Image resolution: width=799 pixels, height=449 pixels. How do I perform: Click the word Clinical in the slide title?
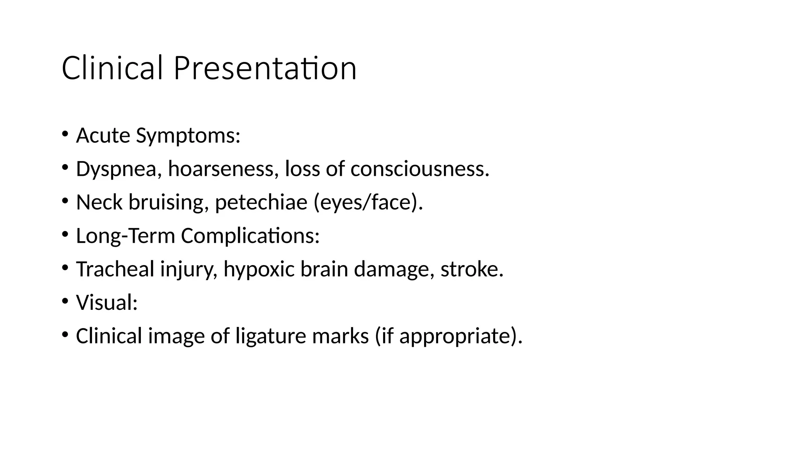click(x=112, y=68)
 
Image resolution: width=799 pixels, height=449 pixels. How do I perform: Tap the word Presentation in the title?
click(x=265, y=68)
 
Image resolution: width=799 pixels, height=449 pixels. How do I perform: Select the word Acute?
click(x=103, y=136)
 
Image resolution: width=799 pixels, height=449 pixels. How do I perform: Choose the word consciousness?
click(x=419, y=169)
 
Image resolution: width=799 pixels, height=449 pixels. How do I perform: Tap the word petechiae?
click(x=261, y=203)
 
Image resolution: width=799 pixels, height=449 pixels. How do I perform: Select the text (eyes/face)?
click(x=368, y=203)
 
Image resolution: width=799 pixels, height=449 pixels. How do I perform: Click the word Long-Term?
click(x=125, y=236)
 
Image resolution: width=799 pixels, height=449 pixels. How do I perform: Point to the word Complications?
click(x=250, y=236)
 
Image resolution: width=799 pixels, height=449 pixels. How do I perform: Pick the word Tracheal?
click(x=115, y=269)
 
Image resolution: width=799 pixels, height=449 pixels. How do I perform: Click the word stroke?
click(x=472, y=269)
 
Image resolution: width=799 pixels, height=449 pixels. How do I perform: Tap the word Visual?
click(x=107, y=302)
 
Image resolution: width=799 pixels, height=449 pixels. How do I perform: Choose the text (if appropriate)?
click(x=448, y=336)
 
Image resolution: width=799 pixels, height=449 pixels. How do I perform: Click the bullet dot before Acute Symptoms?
click(x=65, y=134)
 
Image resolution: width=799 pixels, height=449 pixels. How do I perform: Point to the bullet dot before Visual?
click(x=65, y=301)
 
